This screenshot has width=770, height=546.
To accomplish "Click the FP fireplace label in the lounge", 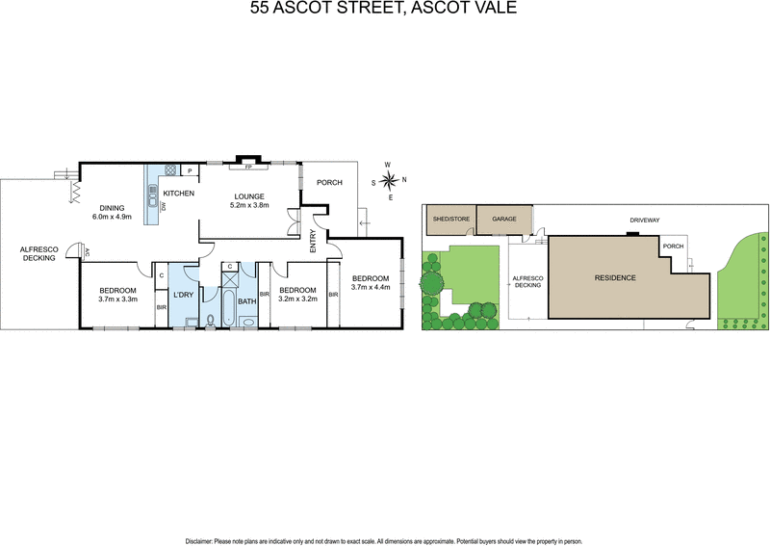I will point(247,167).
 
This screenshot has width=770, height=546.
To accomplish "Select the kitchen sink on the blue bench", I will point(152,198).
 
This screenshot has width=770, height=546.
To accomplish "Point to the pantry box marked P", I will point(190,171).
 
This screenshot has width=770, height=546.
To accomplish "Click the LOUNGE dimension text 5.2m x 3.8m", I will point(246,205).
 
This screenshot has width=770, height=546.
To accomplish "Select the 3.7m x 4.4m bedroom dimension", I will point(370,287).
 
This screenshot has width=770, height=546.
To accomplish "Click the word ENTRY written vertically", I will point(313,242).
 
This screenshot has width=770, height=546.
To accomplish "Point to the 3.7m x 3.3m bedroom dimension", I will point(117,299).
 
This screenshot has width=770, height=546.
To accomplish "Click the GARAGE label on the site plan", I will point(504,220).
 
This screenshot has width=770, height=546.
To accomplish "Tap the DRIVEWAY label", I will point(644,221).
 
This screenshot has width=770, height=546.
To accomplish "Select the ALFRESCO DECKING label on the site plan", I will point(528,282).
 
